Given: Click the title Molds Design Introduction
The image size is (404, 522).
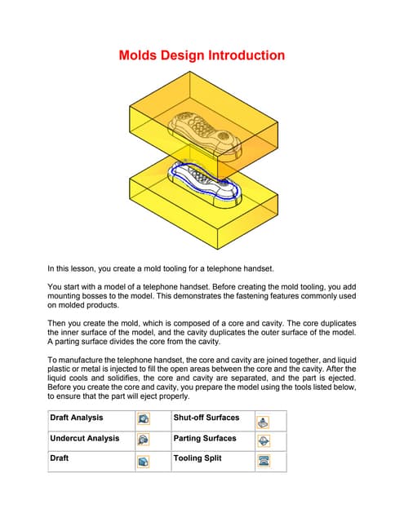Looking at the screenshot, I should (202, 55).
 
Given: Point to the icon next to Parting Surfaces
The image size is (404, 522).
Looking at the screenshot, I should (264, 440).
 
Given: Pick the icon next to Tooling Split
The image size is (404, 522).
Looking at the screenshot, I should (264, 461).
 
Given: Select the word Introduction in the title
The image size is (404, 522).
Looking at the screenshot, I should (248, 55).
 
